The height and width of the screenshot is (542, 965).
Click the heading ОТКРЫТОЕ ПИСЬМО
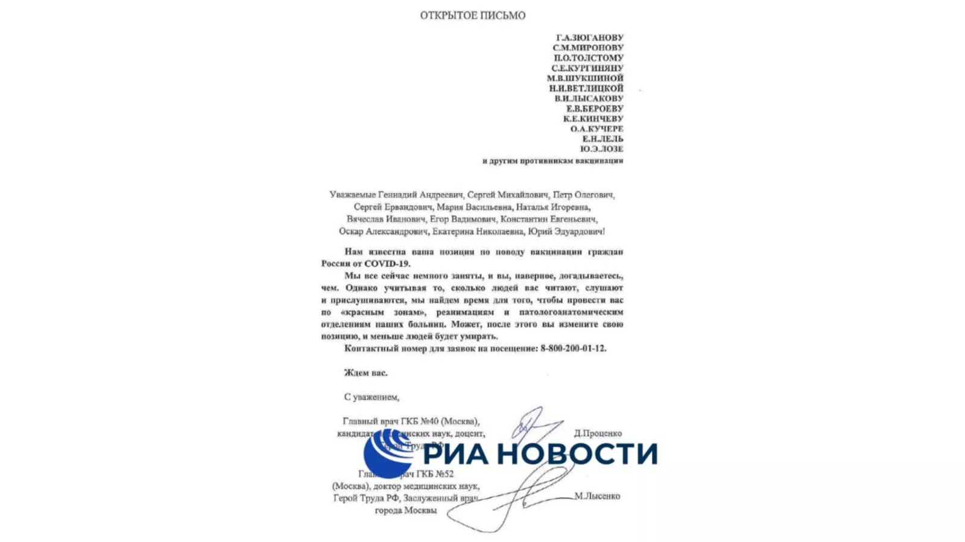[472, 16]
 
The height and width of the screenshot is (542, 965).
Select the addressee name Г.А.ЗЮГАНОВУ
[589, 37]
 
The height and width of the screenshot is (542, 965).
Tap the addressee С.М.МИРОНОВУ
[588, 48]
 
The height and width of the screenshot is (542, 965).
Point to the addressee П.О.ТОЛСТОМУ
[589, 58]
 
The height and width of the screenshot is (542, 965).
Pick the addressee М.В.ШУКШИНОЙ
[585, 78]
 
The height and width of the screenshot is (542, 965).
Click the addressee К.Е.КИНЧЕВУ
[593, 119]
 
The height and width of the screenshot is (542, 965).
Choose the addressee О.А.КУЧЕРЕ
[596, 129]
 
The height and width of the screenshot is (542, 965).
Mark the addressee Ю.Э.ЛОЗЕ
[601, 149]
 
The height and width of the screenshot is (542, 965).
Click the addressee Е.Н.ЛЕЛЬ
[603, 139]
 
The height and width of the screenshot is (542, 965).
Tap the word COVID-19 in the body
[387, 264]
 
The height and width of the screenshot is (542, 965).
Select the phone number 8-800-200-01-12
[573, 348]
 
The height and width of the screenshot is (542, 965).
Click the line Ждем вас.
[365, 373]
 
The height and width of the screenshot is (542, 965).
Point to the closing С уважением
[372, 397]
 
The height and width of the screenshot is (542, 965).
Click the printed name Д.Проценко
[597, 433]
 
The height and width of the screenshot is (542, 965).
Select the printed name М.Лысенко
[597, 496]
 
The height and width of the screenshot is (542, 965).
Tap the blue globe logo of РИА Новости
[388, 454]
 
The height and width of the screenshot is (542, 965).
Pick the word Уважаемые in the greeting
[352, 195]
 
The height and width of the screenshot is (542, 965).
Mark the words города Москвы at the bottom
[405, 511]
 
